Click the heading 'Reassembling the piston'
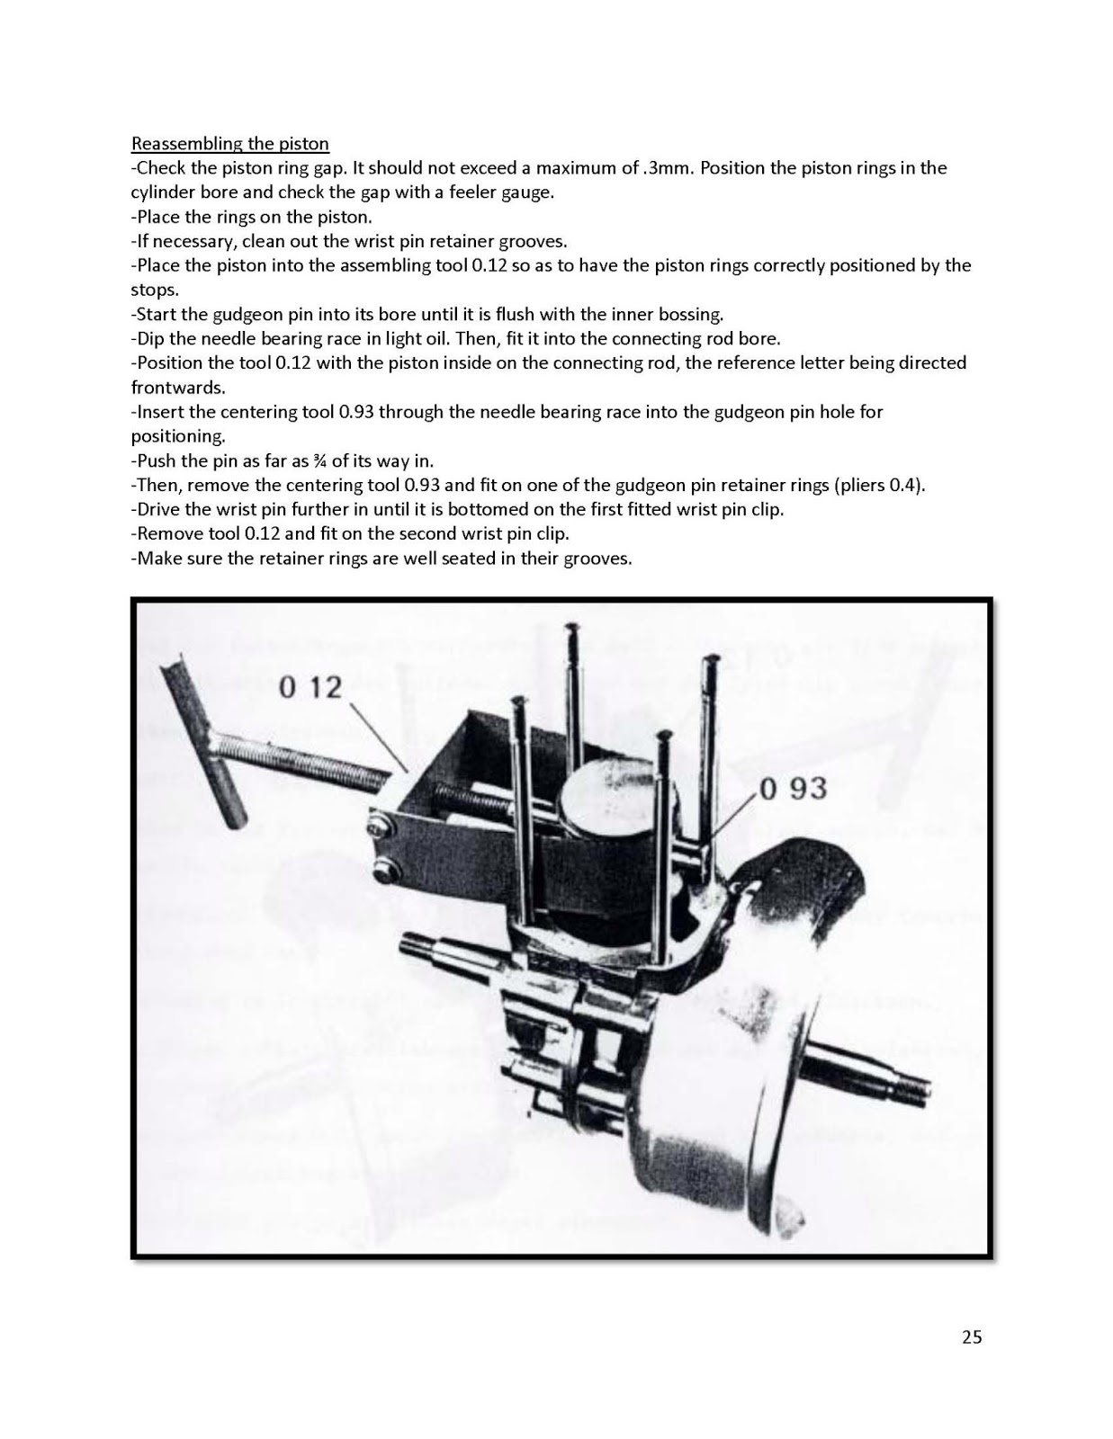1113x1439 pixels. (x=230, y=144)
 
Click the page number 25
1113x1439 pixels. (x=972, y=1337)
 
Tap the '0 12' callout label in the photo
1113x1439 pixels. (x=310, y=688)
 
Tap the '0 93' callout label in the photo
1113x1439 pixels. (x=793, y=789)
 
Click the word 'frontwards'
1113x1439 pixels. (x=175, y=388)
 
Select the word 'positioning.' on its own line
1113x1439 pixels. (x=177, y=436)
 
